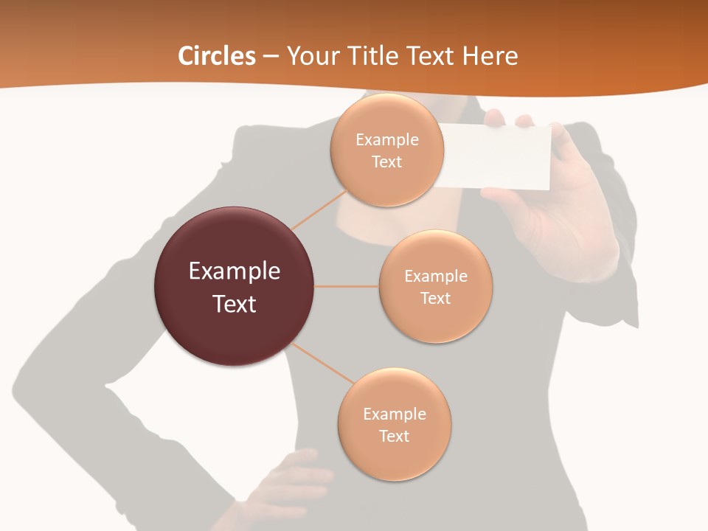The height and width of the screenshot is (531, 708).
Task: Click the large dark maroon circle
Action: coord(235,286)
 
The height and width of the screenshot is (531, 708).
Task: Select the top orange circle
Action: coord(386,150)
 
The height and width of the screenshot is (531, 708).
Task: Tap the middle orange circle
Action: coord(436,286)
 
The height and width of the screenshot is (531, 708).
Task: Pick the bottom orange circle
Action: coord(395,425)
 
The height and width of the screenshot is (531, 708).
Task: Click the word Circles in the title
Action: coord(217,56)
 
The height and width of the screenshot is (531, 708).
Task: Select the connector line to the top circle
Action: coord(319,209)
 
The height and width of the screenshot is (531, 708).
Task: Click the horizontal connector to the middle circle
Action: coord(347,286)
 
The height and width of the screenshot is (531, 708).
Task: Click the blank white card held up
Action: coord(502,156)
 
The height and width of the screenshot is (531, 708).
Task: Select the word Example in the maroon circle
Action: coord(235,271)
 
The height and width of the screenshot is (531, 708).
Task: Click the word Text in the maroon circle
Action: coord(235,303)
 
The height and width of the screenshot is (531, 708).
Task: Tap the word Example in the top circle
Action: coord(386,139)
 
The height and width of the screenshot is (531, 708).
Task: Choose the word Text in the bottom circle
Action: coord(395,436)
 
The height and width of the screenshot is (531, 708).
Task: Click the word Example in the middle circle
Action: coord(436,276)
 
